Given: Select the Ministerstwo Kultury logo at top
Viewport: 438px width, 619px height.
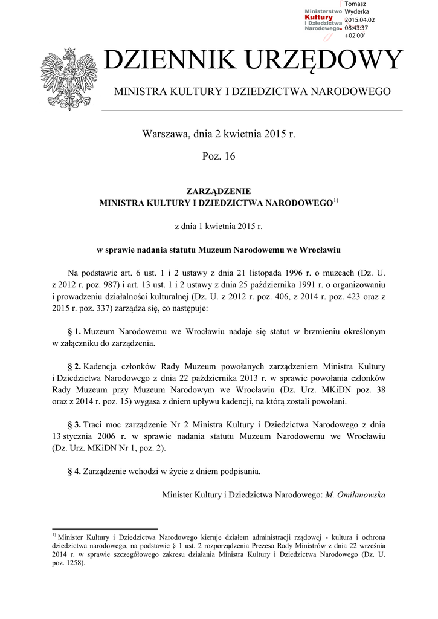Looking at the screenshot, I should (x=323, y=22).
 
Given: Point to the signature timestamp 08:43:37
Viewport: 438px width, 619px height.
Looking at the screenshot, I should (x=356, y=28).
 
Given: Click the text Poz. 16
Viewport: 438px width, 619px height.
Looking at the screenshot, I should (x=218, y=157).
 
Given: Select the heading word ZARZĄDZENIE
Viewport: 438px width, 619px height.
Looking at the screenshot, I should (x=218, y=191).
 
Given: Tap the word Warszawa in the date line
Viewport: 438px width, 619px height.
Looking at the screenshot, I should (x=164, y=133).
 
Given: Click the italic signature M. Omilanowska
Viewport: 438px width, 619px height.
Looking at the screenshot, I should (x=355, y=494).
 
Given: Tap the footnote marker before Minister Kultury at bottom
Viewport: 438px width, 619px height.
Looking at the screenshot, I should (x=54, y=535).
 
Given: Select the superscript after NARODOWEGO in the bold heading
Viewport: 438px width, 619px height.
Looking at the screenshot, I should (x=336, y=200).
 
